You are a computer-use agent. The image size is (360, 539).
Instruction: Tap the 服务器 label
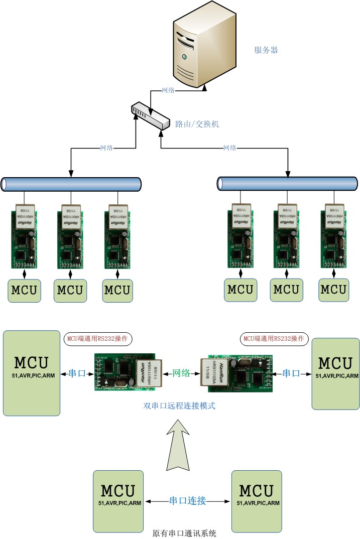pyautogui.click(x=266, y=50)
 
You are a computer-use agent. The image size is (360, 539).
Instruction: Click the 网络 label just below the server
pyautogui.click(x=168, y=90)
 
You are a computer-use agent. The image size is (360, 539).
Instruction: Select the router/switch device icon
pyautogui.click(x=150, y=116)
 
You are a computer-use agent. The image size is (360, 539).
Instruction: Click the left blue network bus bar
pyautogui.click(x=71, y=184)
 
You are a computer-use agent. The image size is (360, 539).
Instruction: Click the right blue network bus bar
pyautogui.click(x=287, y=184)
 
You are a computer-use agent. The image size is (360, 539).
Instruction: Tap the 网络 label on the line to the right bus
pyautogui.click(x=229, y=148)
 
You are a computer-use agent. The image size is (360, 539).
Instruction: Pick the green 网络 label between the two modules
pyautogui.click(x=181, y=373)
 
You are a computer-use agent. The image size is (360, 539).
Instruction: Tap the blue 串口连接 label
pyautogui.click(x=187, y=500)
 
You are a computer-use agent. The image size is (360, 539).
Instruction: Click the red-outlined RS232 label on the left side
pyautogui.click(x=98, y=339)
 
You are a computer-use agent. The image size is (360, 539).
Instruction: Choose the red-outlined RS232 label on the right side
pyautogui.click(x=275, y=339)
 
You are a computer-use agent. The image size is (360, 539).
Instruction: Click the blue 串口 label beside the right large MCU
pyautogui.click(x=291, y=373)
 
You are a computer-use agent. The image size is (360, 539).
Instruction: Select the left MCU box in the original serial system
pyautogui.click(x=117, y=500)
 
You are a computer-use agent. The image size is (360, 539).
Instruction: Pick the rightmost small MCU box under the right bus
pyautogui.click(x=333, y=290)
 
